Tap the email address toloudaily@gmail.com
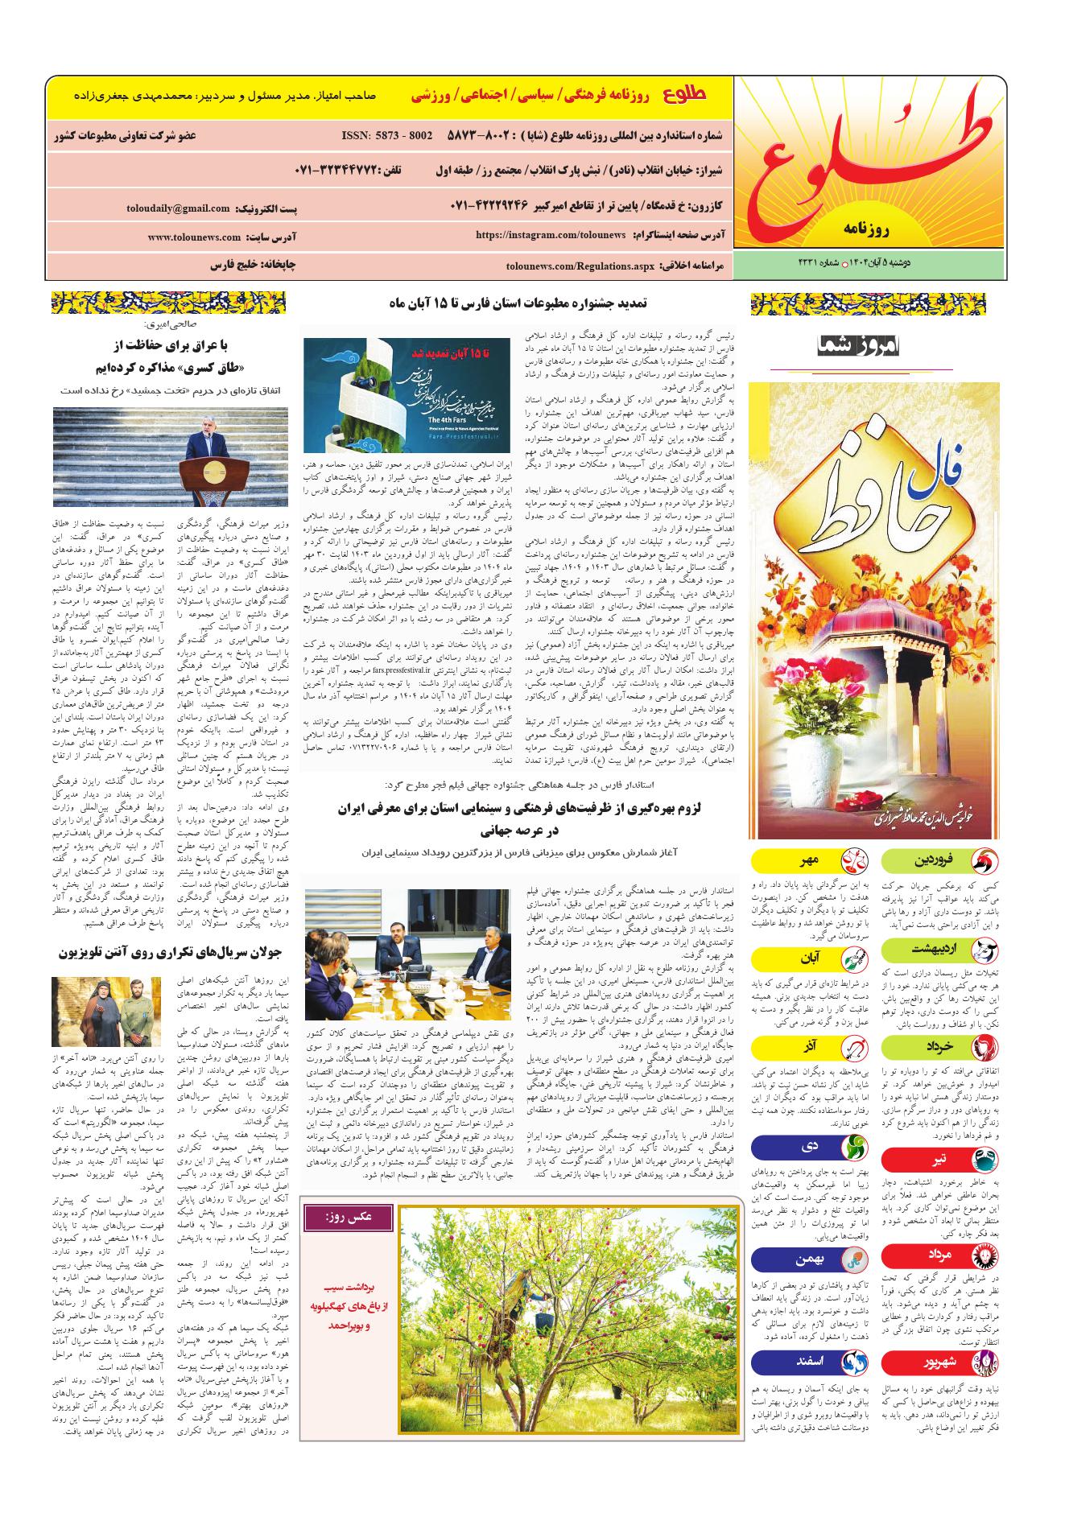(x=178, y=208)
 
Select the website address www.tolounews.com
(x=194, y=237)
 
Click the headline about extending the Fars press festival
(x=518, y=304)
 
